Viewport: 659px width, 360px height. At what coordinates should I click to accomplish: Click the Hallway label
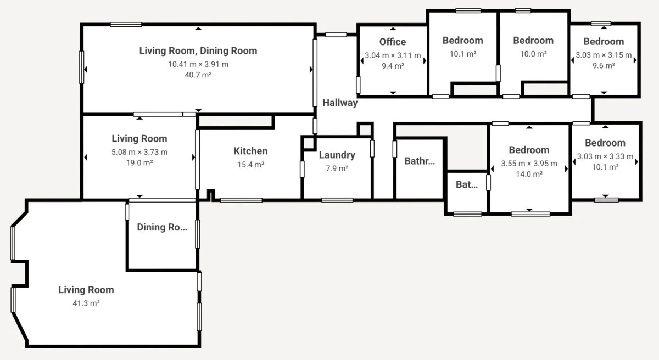pos(340,103)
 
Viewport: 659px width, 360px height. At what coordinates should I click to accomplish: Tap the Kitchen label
pos(250,151)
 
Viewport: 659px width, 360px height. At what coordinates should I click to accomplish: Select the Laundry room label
pos(337,155)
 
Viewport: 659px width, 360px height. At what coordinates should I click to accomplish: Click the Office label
pos(393,42)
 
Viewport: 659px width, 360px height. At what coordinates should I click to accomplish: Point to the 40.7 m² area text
pos(198,75)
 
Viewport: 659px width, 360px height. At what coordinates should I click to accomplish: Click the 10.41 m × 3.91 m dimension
pos(198,64)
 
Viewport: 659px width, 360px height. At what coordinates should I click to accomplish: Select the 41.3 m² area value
pos(86,303)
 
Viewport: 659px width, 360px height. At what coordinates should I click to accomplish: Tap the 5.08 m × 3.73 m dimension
pos(139,152)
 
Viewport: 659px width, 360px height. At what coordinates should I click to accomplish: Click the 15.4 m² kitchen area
pos(250,164)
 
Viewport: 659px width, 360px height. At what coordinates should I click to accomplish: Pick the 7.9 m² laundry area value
pos(337,168)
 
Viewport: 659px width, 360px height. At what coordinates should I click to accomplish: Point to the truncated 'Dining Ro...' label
pos(162,227)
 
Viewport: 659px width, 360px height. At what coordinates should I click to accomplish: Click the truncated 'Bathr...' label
pos(420,161)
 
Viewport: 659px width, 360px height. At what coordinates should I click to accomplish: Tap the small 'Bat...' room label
pos(467,185)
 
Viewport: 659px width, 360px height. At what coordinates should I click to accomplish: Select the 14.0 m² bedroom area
pos(529,174)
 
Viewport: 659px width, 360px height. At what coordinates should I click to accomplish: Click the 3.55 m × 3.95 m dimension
pos(529,164)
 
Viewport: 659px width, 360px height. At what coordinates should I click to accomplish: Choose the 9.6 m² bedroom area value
pos(604,65)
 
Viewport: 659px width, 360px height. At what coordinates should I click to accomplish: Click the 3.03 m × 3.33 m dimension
pos(605,156)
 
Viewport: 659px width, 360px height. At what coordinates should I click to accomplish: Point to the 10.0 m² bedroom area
pos(533,54)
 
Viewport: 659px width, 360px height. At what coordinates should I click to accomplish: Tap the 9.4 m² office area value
pos(393,66)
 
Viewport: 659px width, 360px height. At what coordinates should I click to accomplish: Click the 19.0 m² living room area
pos(139,163)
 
